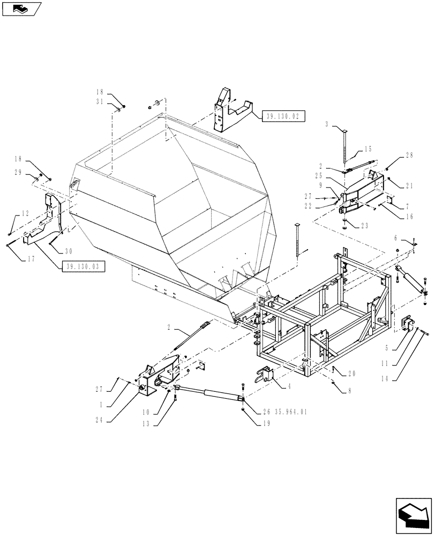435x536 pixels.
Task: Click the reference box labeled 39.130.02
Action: tap(283, 115)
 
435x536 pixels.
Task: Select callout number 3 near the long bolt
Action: tap(327, 124)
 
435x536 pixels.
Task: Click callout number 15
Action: tap(367, 150)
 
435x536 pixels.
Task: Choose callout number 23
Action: tap(365, 226)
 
